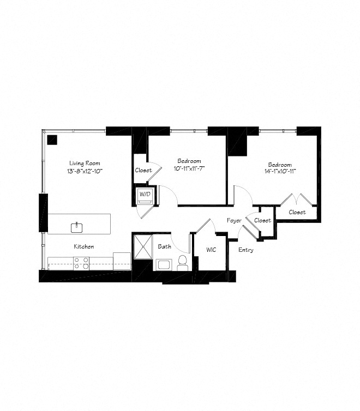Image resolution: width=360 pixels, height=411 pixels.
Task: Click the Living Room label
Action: (85, 163)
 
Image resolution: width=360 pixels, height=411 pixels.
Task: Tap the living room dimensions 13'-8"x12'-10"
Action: (85, 171)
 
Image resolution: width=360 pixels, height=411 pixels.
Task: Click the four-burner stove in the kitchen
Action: (82, 263)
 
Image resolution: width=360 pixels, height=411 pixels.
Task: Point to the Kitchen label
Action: (84, 246)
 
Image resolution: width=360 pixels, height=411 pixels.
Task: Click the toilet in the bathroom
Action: (182, 264)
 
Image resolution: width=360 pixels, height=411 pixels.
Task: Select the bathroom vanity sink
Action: (164, 265)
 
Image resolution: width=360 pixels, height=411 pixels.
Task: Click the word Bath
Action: (164, 246)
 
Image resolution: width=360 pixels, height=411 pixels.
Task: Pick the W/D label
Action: (145, 194)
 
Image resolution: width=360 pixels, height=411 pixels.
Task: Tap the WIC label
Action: (211, 250)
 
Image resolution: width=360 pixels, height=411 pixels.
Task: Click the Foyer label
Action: (235, 220)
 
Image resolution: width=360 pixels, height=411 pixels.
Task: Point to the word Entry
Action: (245, 250)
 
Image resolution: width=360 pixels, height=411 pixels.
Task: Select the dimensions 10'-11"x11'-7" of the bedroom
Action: (189, 168)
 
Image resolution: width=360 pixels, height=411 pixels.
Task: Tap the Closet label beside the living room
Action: (143, 170)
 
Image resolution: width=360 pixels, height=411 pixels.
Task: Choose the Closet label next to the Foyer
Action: (262, 220)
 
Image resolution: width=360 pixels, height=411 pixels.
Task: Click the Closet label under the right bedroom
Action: (297, 212)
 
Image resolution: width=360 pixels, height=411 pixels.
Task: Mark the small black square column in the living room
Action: (52, 139)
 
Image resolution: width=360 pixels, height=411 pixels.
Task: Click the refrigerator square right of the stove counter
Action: (122, 260)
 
